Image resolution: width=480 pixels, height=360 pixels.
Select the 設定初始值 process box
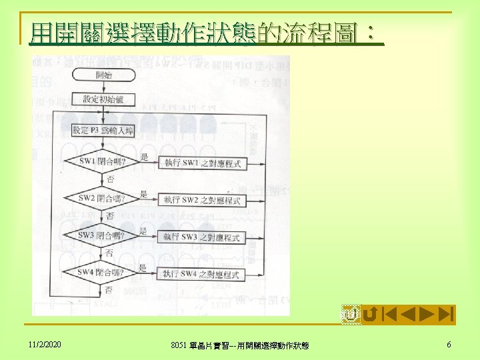[103, 99]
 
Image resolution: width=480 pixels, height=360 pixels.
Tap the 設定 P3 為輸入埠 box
[103, 131]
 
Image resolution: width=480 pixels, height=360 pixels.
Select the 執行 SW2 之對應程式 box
[201, 200]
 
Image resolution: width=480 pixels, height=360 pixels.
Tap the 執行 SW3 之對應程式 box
[201, 237]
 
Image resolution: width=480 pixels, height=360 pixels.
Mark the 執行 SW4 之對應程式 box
[201, 274]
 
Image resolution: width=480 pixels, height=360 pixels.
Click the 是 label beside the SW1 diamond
[144, 157]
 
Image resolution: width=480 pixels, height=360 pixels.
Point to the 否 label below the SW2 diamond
[109, 217]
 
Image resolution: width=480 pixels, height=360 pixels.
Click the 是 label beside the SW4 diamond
[143, 267]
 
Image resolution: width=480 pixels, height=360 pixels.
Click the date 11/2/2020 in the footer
[45, 344]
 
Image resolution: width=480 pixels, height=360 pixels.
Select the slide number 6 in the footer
[449, 344]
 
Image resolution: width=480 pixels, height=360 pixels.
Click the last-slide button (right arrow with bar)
[447, 313]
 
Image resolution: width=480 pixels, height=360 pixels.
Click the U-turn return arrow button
[370, 313]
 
